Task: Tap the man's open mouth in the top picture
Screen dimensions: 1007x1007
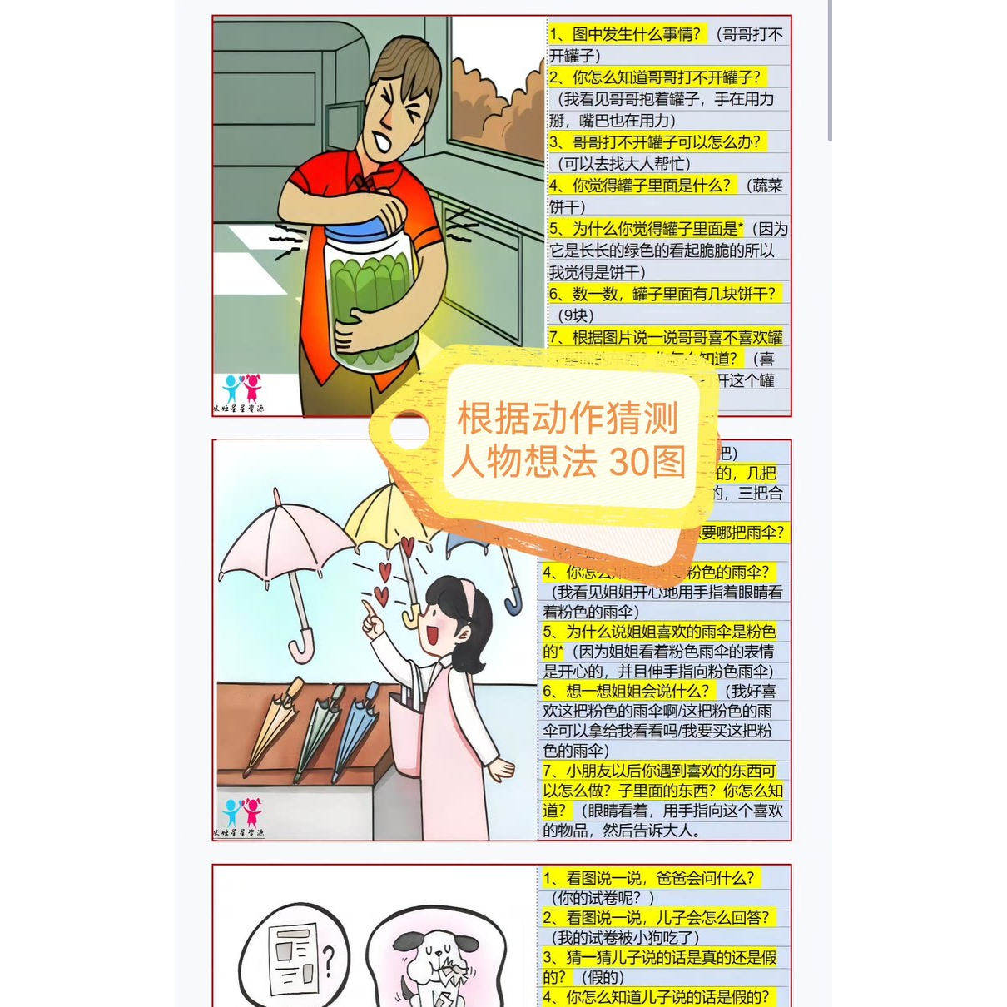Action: click(384, 141)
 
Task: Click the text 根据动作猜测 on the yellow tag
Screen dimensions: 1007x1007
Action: click(568, 418)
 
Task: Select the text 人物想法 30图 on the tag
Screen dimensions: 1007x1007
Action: click(568, 460)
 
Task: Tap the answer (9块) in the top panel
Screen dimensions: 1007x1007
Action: click(576, 315)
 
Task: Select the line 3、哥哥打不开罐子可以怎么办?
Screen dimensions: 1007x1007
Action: click(655, 142)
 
